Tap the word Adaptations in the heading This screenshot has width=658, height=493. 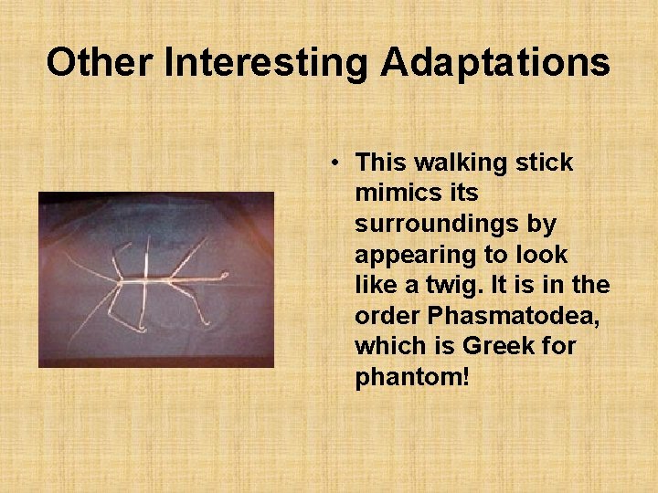(495, 63)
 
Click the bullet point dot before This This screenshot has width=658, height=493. (336, 163)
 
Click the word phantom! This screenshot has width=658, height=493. (412, 376)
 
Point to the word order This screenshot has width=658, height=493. (384, 315)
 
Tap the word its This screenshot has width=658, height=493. (461, 194)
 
